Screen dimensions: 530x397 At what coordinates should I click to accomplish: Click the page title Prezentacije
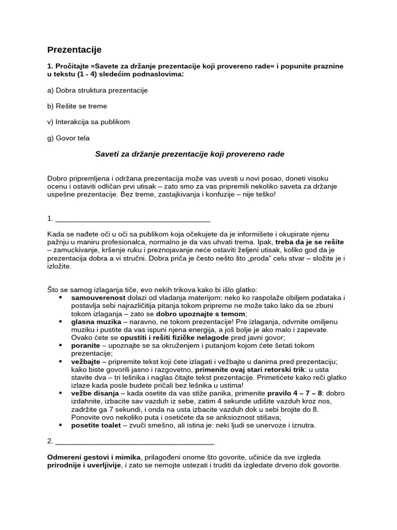(74, 50)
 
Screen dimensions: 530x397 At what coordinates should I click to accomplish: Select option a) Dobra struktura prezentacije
(97, 90)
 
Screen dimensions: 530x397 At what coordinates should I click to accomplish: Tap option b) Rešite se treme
(77, 106)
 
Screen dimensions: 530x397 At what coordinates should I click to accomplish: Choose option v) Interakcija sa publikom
(88, 122)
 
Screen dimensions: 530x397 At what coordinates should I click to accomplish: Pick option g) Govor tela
(68, 138)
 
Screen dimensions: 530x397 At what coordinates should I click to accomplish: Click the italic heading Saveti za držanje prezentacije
(190, 154)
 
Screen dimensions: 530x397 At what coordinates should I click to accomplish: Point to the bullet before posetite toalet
(61, 425)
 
